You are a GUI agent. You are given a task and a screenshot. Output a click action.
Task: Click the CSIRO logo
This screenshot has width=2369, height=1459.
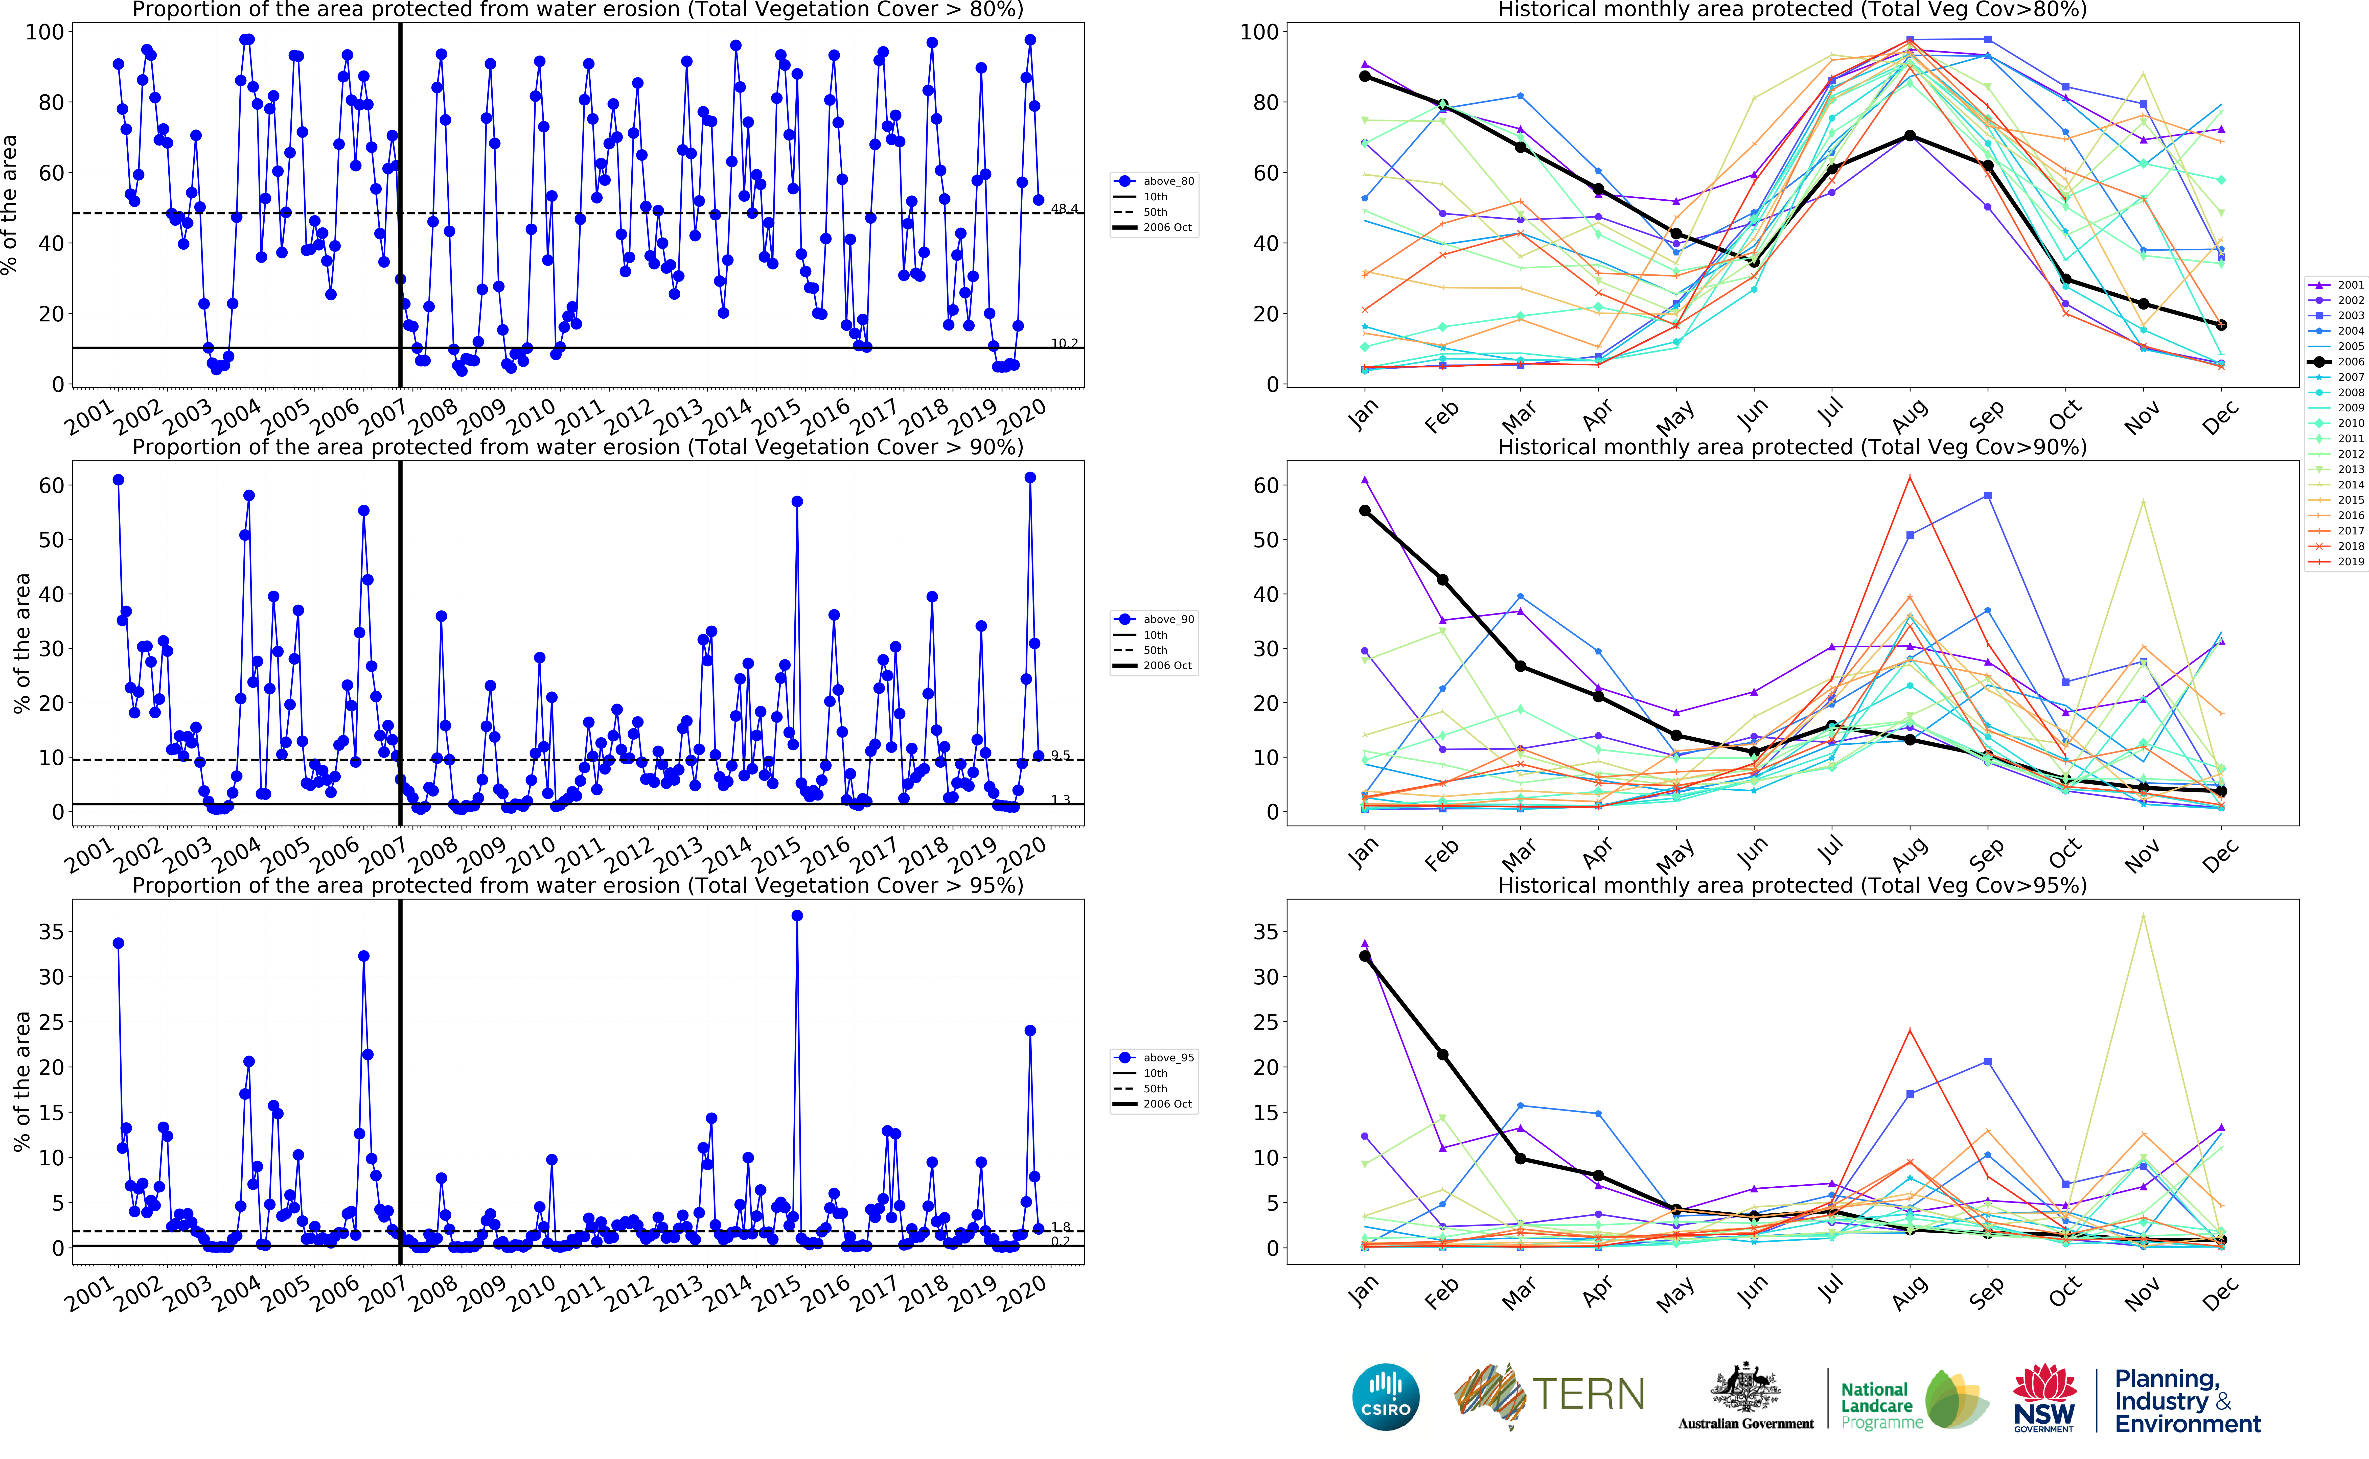click(1386, 1396)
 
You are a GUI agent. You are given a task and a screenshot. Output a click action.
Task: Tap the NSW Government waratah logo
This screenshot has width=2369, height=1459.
click(2044, 1396)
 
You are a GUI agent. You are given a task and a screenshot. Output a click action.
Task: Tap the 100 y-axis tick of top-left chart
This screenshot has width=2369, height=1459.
click(44, 32)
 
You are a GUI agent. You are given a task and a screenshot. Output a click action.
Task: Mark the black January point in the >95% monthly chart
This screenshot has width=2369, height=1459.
click(1365, 956)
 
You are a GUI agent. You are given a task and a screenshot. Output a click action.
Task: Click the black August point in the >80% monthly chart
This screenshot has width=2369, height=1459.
click(1910, 136)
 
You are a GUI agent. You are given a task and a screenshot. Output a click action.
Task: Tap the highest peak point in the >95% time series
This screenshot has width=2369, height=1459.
click(797, 916)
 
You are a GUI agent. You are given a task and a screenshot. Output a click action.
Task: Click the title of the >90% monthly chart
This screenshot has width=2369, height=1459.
click(1792, 448)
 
